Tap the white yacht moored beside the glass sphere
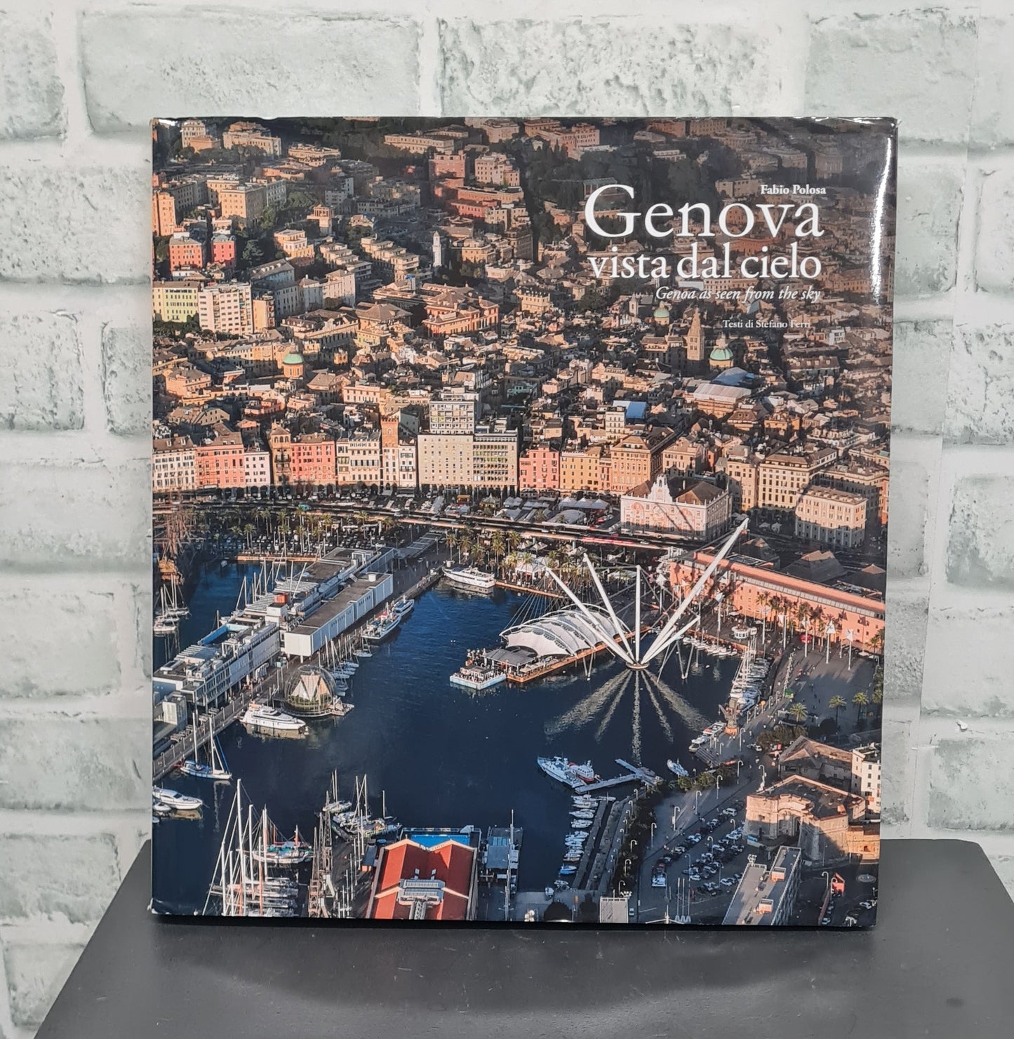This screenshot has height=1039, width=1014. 273,717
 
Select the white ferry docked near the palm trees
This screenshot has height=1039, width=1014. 469,577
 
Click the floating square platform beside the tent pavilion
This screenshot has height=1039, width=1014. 477,678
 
